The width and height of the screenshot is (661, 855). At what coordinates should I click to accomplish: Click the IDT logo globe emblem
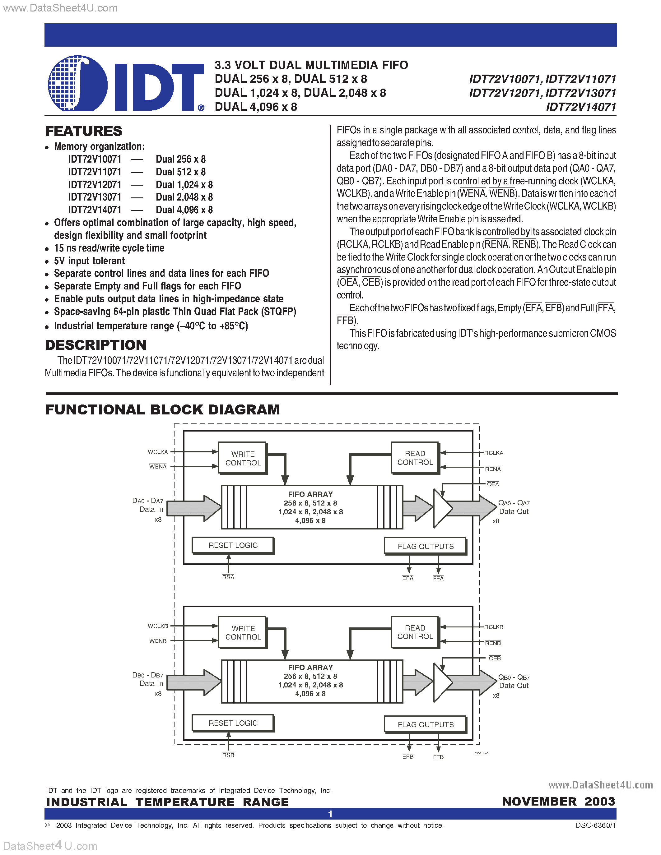click(x=77, y=83)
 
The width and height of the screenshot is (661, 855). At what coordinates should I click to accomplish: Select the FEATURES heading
click(x=83, y=131)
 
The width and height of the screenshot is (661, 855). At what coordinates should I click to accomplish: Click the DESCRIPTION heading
click(x=95, y=345)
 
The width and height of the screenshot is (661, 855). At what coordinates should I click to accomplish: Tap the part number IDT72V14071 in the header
click(x=581, y=107)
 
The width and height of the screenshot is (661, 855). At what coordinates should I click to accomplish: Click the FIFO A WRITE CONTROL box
click(x=243, y=458)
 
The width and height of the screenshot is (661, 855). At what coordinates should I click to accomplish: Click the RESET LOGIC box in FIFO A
click(x=233, y=545)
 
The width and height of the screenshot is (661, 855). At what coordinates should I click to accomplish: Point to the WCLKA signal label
click(x=158, y=452)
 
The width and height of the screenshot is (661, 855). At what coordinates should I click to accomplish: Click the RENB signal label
click(x=493, y=643)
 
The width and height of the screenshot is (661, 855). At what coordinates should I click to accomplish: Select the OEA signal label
click(x=493, y=484)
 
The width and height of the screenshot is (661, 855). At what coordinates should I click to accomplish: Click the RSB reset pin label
click(x=228, y=755)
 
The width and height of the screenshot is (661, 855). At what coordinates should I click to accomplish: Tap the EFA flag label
click(x=408, y=578)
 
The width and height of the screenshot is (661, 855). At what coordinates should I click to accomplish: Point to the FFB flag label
click(x=438, y=757)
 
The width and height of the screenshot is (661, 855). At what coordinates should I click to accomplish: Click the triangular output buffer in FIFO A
click(x=442, y=508)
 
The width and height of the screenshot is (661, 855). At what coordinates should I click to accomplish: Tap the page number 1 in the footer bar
click(x=330, y=814)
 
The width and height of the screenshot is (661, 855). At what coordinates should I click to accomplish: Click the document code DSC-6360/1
click(x=596, y=825)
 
